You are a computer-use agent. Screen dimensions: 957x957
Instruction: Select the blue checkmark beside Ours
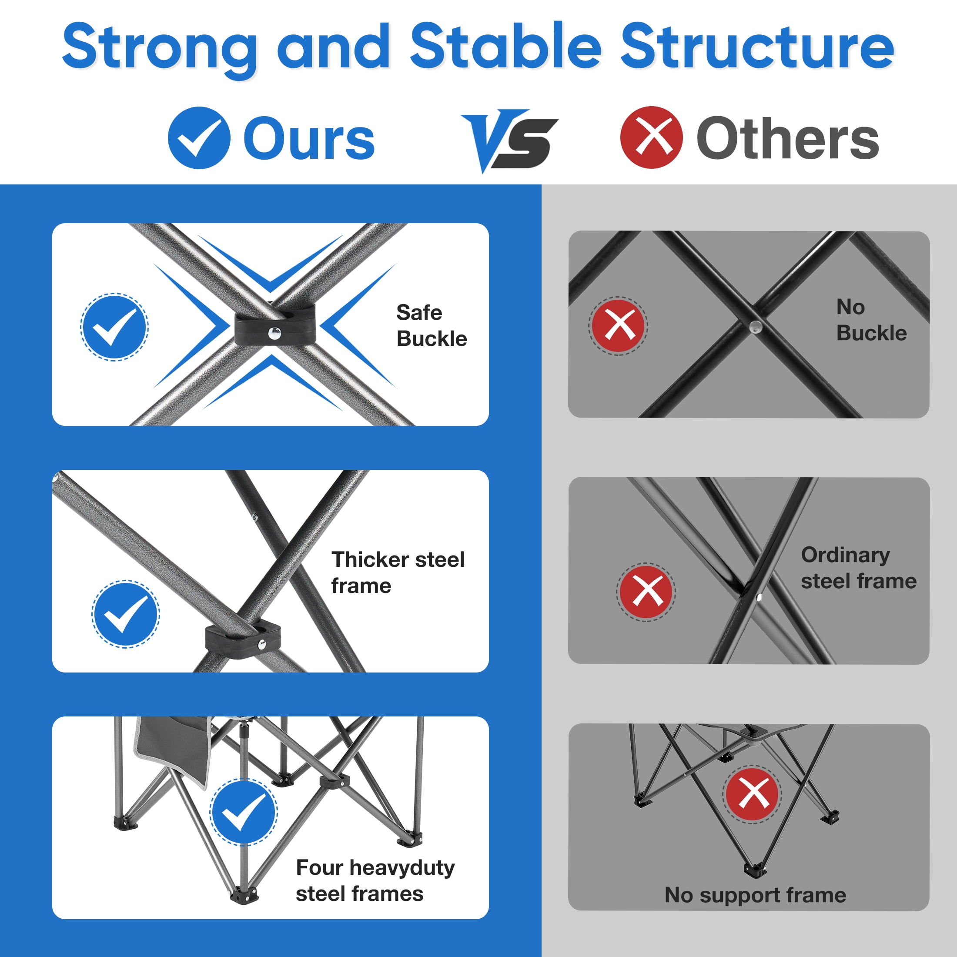[199, 138]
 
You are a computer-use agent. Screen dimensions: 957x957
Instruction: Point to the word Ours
[309, 139]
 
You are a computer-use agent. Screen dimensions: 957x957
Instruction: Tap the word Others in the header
[788, 139]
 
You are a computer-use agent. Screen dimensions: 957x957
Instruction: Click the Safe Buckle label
[432, 325]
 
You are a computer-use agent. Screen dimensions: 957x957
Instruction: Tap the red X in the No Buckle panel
[618, 325]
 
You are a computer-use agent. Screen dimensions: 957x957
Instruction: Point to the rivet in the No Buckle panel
[756, 325]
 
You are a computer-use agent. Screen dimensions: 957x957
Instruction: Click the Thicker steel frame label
[398, 572]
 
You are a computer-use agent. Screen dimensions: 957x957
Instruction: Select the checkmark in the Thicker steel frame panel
[126, 614]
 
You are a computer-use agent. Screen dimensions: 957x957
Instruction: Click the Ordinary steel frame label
[858, 568]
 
